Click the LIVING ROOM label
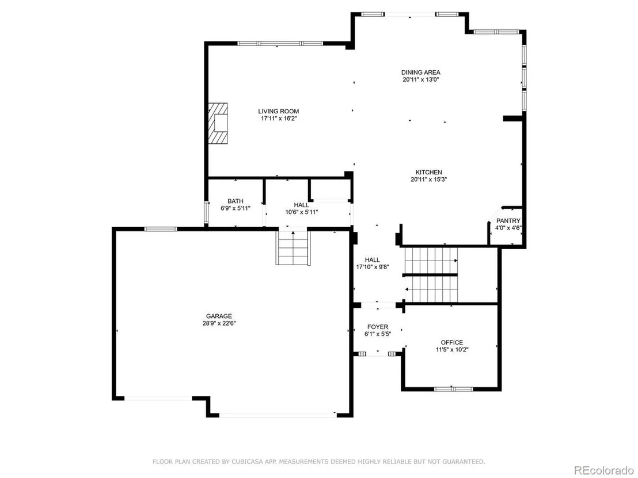point(279,112)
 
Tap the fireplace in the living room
point(218,123)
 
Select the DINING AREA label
point(421,72)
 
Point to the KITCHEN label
point(429,173)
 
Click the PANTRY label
point(508,221)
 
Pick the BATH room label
point(235,201)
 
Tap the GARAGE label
point(219,316)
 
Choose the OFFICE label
point(451,343)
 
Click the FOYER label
point(378,327)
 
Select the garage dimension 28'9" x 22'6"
point(219,323)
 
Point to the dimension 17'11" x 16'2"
point(279,118)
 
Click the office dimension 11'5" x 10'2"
point(451,350)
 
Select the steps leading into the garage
point(293,247)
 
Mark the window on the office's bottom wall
point(453,389)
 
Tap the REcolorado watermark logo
point(604,471)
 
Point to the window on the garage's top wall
point(161,229)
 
